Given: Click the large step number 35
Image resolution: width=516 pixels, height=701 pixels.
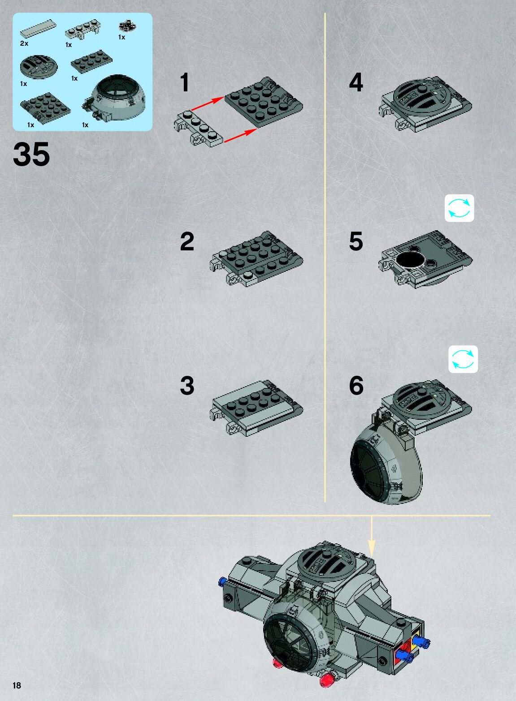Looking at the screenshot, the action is click(31, 155).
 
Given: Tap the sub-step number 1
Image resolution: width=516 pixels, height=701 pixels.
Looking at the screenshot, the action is click(185, 83).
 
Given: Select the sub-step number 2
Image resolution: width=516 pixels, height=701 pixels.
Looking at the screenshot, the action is click(187, 241).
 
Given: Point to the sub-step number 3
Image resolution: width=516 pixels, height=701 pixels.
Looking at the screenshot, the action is click(187, 386).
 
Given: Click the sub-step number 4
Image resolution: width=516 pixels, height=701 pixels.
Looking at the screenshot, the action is click(356, 83).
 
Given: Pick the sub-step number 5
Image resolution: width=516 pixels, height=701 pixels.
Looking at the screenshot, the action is click(356, 241).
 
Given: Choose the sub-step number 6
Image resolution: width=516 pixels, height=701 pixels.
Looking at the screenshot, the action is click(356, 386).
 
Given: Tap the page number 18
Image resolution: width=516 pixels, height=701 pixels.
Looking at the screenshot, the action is click(17, 685).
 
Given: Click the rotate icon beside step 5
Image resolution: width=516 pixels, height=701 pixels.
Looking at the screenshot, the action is click(459, 208).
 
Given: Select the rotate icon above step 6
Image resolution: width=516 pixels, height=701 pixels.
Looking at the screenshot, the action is click(463, 359).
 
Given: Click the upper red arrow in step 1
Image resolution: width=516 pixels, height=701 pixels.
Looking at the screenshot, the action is click(207, 103).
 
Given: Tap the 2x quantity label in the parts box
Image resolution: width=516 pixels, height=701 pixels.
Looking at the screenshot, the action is click(24, 43).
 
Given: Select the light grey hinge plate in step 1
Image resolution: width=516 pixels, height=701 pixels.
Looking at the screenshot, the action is click(199, 130).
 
